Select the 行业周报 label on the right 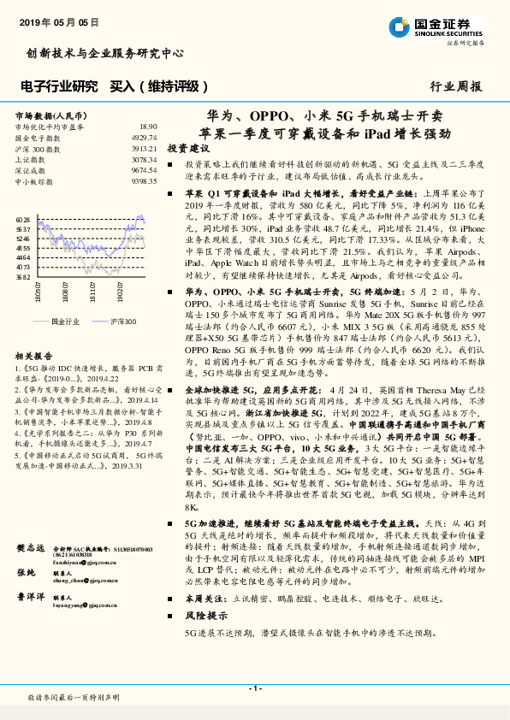click(x=455, y=86)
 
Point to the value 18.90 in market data click(x=147, y=127)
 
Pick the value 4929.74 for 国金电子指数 click(x=144, y=138)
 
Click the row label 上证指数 click(x=32, y=160)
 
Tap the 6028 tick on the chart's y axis click(x=23, y=220)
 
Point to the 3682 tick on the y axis click(x=23, y=277)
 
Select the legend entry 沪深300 click(x=122, y=321)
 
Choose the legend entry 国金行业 click(x=65, y=321)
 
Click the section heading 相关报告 click(x=34, y=356)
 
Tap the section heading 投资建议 click(x=188, y=148)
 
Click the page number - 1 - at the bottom click(x=254, y=688)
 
